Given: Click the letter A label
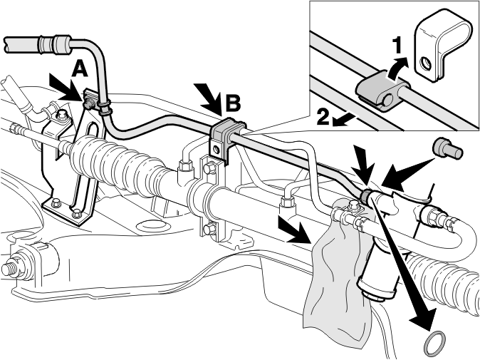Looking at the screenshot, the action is click(x=80, y=68).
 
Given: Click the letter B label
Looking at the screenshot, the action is click(x=233, y=103).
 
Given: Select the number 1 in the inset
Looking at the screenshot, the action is click(x=397, y=45).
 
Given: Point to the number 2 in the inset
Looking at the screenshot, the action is click(x=323, y=117).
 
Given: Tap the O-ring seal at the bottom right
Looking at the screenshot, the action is click(x=434, y=340).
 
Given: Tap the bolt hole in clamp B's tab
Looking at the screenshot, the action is click(x=216, y=149).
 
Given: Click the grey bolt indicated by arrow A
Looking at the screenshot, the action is click(x=90, y=103).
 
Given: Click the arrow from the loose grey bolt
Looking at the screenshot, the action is click(x=407, y=173).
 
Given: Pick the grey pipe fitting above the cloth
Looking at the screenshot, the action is click(x=367, y=196).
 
